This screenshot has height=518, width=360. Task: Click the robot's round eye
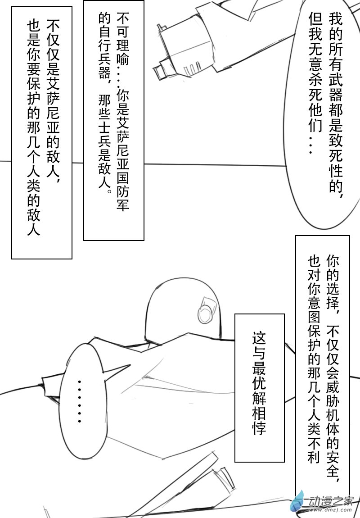[205, 313]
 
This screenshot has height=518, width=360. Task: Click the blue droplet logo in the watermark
[297, 501]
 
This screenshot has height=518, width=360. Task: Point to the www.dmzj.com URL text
[330, 510]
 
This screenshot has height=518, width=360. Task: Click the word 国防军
[123, 192]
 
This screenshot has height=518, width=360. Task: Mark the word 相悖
[259, 421]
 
